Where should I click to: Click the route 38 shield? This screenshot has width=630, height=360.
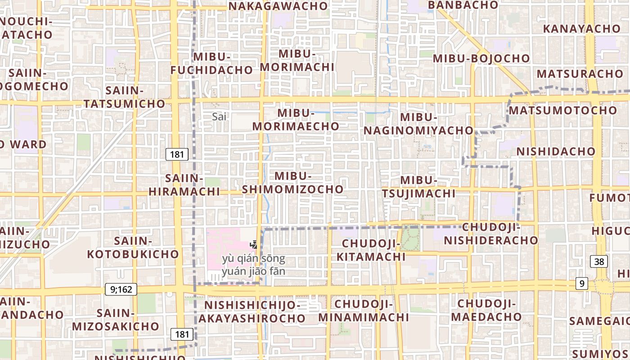599,261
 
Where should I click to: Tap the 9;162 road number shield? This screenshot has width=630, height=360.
121,289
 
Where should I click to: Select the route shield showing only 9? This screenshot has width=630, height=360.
582,283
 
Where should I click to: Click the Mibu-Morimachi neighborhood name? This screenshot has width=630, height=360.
297,60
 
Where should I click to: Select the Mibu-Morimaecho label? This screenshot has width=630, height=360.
295,120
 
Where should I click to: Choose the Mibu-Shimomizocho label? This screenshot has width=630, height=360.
292,183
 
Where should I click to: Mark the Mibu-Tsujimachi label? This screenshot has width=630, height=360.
418,187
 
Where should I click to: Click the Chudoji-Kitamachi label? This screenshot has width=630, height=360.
371,250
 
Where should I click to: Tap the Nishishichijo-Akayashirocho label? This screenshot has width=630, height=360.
252,312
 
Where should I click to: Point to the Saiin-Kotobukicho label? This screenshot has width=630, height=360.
133,247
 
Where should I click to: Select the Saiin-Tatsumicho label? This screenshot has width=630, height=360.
124,97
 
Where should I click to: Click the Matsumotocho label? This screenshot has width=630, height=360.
563,110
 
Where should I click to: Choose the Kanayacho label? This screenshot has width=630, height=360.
581,29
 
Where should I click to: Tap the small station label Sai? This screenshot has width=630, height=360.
219,117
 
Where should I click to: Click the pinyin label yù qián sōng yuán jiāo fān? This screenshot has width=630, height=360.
253,265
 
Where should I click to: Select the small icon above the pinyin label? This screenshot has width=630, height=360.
254,245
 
